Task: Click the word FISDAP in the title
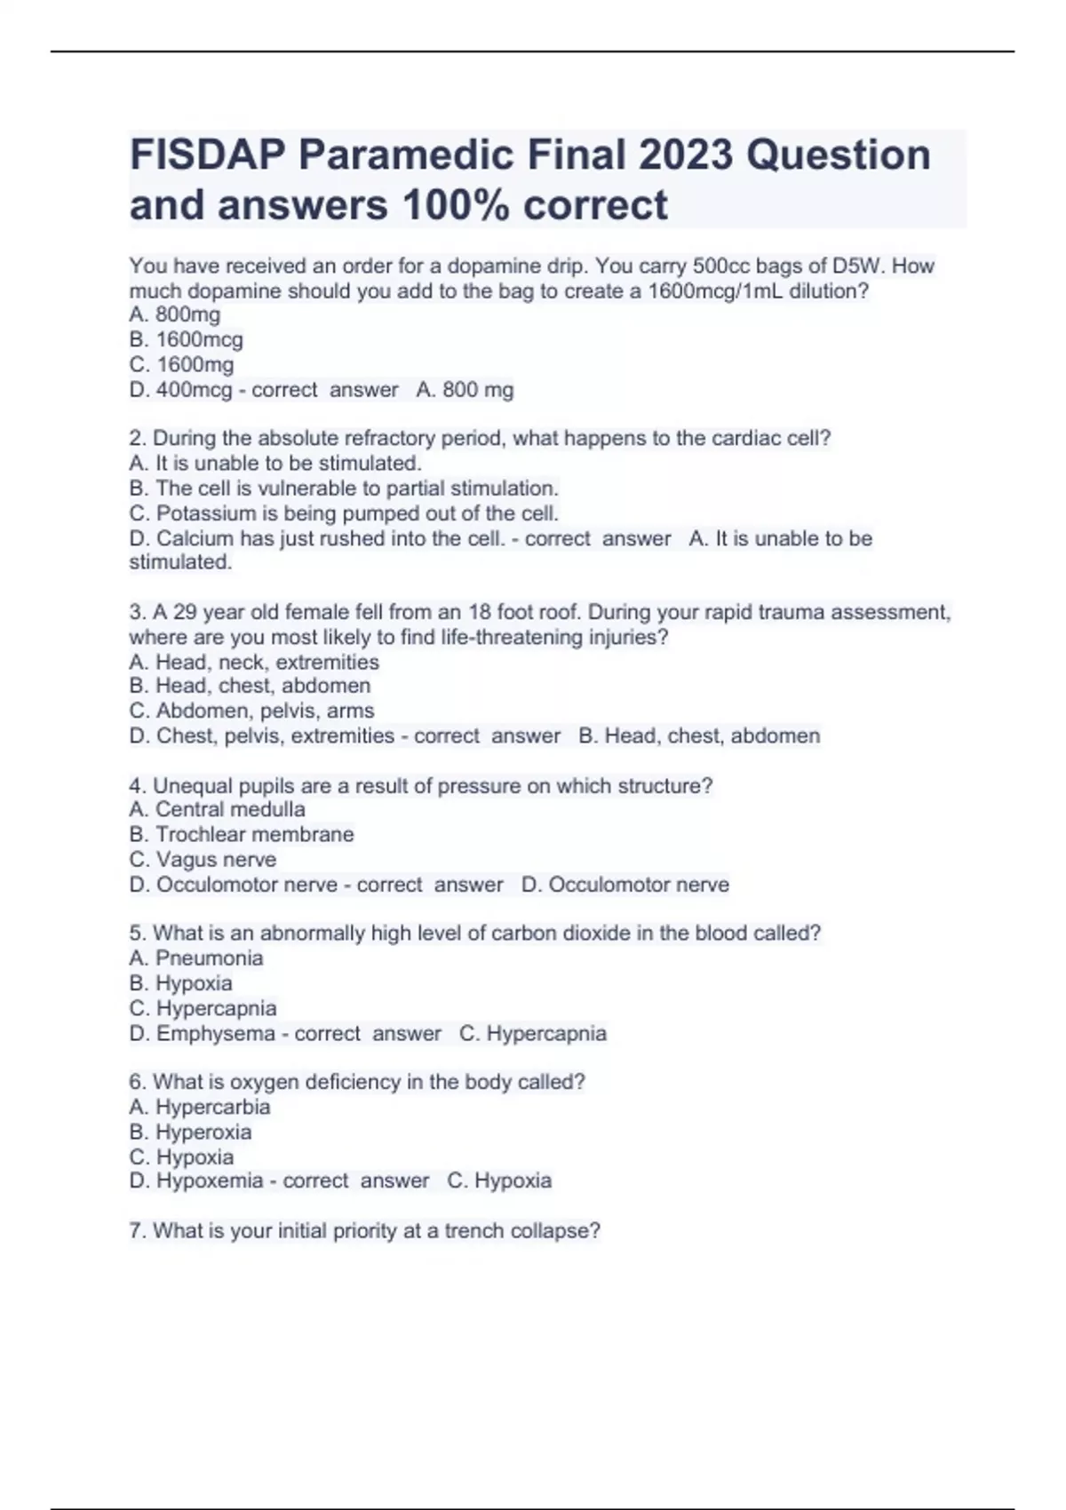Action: point(208,155)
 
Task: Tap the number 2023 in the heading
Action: point(685,155)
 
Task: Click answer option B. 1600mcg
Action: point(186,339)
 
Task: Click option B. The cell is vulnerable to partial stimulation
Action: point(344,488)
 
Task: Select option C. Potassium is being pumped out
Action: point(344,513)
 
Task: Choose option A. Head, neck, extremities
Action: point(254,662)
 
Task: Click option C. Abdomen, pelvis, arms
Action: point(251,711)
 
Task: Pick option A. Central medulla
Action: point(217,809)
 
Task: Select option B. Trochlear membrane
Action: point(241,834)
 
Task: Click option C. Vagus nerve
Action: point(203,859)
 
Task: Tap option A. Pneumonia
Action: point(196,958)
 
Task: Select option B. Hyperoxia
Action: point(190,1132)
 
